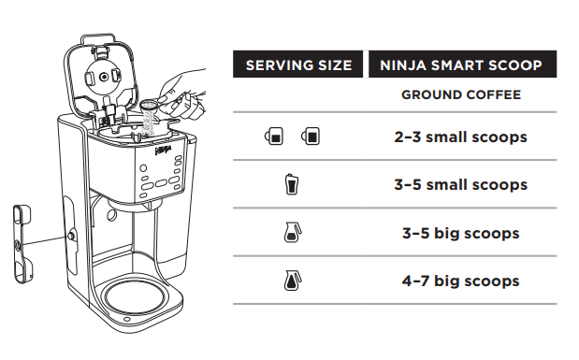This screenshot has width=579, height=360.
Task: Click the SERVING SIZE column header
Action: (297, 65)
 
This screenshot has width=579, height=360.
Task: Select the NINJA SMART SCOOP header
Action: (461, 65)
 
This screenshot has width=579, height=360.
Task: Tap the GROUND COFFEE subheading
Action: (461, 94)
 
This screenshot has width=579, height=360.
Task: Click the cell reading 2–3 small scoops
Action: (460, 137)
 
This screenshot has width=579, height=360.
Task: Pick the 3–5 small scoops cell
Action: (460, 184)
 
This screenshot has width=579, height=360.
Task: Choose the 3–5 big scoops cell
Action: (460, 233)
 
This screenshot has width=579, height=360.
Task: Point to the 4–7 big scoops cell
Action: (460, 281)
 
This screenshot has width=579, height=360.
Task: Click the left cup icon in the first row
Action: (273, 137)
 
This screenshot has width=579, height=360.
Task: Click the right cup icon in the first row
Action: (310, 137)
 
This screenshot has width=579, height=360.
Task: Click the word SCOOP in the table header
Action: (518, 65)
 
